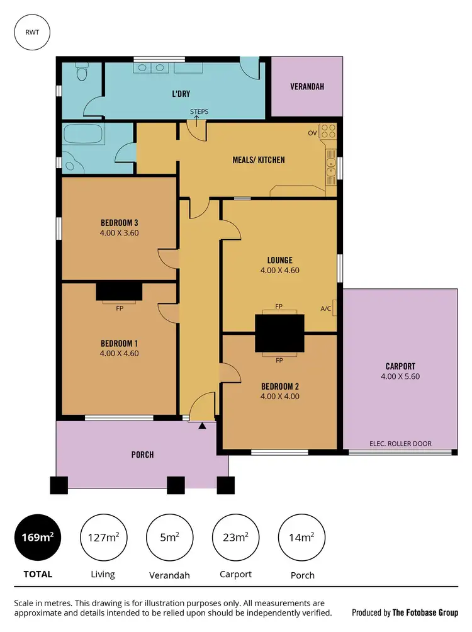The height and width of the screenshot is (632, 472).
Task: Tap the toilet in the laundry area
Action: click(80, 74)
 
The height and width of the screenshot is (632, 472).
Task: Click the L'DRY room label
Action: click(182, 94)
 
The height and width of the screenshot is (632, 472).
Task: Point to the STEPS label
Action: click(199, 112)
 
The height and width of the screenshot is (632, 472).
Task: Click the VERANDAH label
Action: click(307, 87)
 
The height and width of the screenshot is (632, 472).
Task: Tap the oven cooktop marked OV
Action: click(329, 132)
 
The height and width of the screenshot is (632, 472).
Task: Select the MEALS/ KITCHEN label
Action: click(259, 159)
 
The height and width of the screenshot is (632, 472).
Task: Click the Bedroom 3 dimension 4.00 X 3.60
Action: click(119, 232)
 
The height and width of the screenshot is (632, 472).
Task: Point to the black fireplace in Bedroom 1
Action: click(119, 292)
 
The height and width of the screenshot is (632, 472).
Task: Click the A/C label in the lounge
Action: click(325, 308)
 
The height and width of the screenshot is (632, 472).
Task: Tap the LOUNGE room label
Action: click(279, 260)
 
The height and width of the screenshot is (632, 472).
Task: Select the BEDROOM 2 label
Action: click(279, 386)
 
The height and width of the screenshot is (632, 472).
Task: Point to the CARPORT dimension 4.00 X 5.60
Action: click(400, 376)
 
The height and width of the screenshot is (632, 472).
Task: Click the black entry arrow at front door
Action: click(202, 426)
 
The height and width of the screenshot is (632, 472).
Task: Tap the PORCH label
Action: click(142, 454)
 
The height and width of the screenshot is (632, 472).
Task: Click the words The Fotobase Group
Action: click(425, 612)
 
